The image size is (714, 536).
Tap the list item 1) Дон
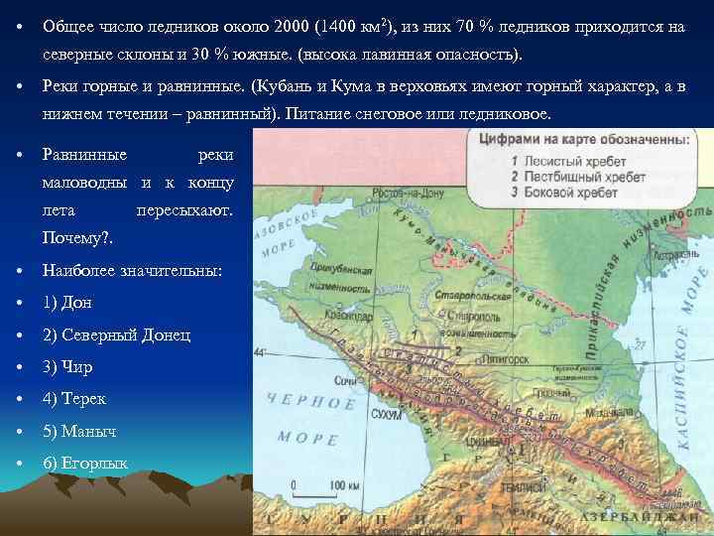[68, 303]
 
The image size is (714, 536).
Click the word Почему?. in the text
[78, 239]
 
